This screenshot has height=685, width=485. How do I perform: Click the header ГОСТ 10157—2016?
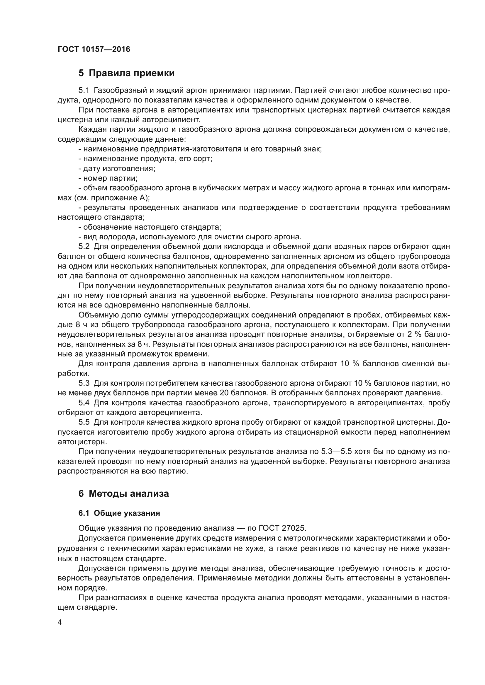(x=94, y=49)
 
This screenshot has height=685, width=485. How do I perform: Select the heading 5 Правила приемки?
(x=126, y=73)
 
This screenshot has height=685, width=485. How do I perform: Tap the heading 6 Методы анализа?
(x=124, y=493)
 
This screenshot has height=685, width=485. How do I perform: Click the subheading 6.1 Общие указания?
(x=119, y=513)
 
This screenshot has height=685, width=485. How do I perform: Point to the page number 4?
(x=60, y=622)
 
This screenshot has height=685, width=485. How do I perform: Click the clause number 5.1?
(x=84, y=90)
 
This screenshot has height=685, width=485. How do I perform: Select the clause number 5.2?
(x=84, y=247)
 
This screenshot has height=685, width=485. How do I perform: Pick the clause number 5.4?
(x=84, y=403)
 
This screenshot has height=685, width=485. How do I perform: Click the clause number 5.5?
(x=84, y=423)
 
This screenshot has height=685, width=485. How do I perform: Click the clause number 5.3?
(x=84, y=383)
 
